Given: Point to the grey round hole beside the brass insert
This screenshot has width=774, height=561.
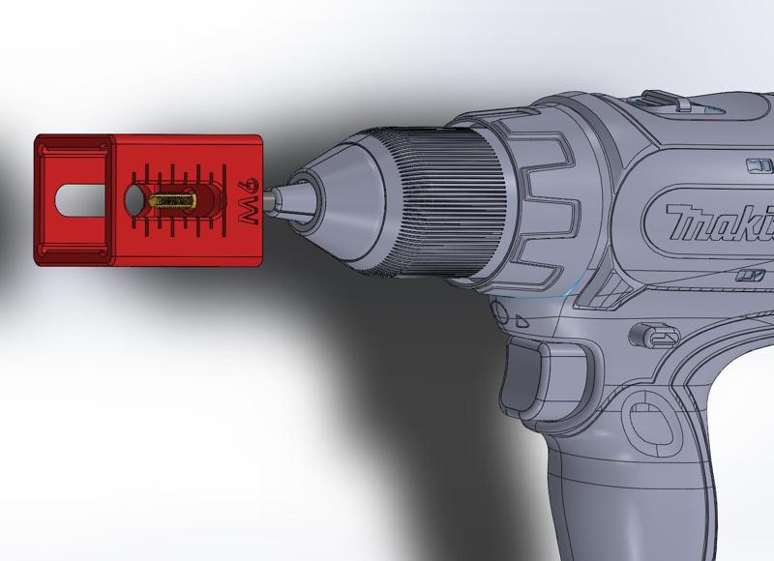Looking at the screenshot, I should (x=134, y=200).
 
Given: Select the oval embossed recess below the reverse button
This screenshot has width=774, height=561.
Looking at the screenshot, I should (x=642, y=417).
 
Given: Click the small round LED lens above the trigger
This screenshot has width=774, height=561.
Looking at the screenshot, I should (x=500, y=311).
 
